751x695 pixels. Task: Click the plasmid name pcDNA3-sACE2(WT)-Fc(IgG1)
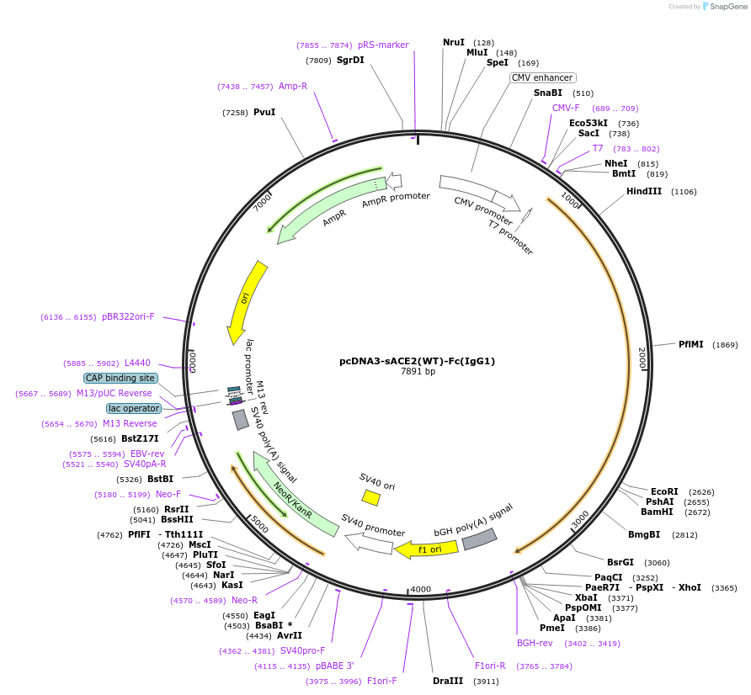[x=417, y=361]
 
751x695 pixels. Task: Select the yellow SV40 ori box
[x=370, y=498]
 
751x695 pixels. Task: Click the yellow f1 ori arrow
[x=428, y=549]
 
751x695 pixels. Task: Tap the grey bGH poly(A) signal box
[x=479, y=539]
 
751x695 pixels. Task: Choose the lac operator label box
[x=133, y=408]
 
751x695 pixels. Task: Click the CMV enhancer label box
[x=542, y=78]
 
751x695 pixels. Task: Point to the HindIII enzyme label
[x=644, y=192]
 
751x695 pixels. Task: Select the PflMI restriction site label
[x=690, y=344]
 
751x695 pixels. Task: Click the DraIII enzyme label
[x=447, y=681]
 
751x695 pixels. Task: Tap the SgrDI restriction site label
[x=350, y=61]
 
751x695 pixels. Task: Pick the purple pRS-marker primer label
[x=383, y=45]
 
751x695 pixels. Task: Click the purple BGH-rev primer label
[x=535, y=643]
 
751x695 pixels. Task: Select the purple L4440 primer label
[x=137, y=363]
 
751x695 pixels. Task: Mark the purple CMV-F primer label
[x=566, y=108]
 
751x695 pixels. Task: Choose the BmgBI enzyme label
[x=644, y=534]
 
